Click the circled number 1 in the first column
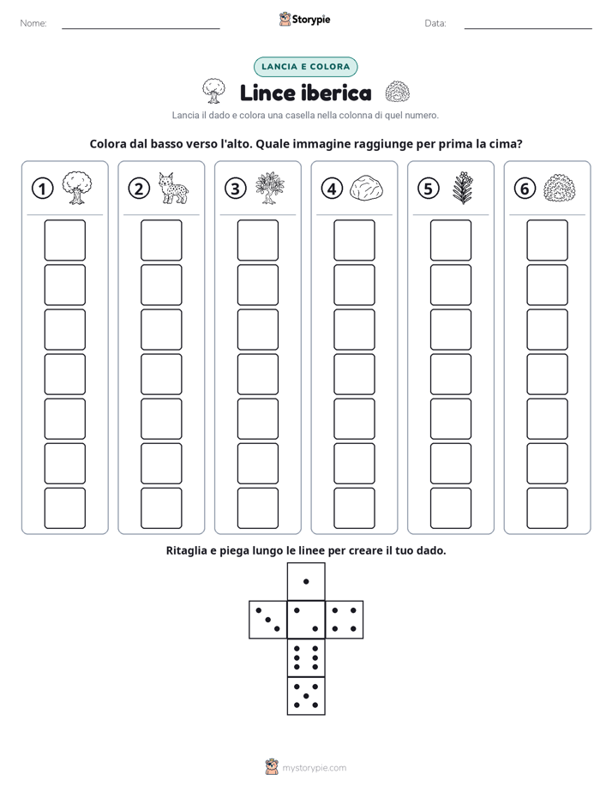(x=42, y=189)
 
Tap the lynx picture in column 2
(x=174, y=188)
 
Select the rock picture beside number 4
(x=367, y=189)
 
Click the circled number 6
(x=525, y=189)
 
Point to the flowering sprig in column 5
(x=463, y=188)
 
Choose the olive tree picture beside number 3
(x=270, y=188)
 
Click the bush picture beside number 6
(x=560, y=188)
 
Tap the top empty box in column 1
(x=64, y=240)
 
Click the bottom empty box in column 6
(x=547, y=508)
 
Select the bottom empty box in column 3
(x=257, y=508)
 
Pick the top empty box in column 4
(x=354, y=240)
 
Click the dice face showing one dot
(x=306, y=582)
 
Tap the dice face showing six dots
(x=306, y=657)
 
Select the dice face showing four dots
(x=345, y=620)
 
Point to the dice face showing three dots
(x=268, y=620)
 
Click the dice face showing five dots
(x=306, y=696)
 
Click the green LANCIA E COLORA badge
(x=305, y=67)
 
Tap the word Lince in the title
(x=267, y=93)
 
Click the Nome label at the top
(x=33, y=23)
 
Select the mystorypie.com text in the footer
(x=314, y=768)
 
